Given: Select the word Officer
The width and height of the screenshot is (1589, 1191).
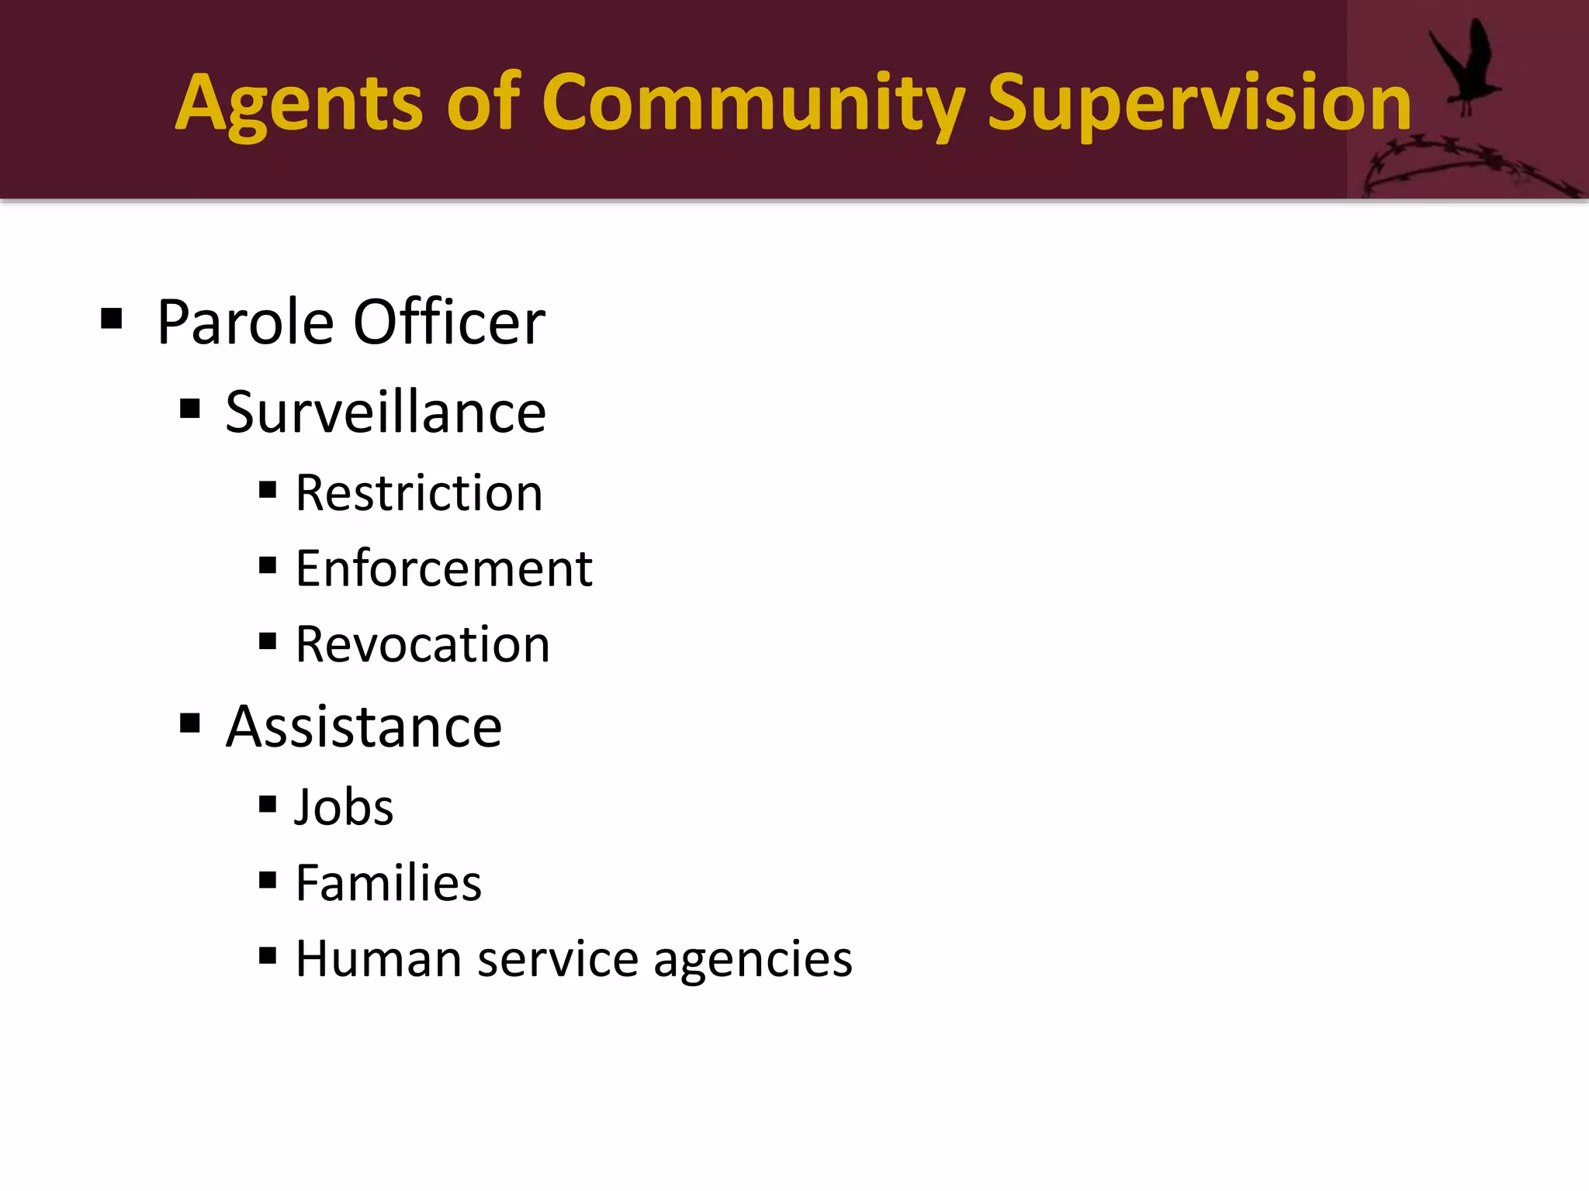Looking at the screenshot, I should click(x=449, y=323).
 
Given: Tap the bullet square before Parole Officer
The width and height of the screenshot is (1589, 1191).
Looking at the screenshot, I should click(x=112, y=319).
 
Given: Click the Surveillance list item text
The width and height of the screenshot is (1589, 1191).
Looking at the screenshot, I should click(x=386, y=412).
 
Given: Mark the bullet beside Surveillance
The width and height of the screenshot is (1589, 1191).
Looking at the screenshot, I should click(x=190, y=409).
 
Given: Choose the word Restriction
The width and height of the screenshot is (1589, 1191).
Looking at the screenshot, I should click(x=419, y=493).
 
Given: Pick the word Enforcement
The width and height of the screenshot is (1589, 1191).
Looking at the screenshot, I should click(x=444, y=568).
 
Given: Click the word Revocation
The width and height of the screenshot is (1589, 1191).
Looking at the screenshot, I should click(x=423, y=644).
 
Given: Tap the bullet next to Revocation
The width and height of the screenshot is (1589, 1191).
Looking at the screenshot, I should click(x=268, y=641).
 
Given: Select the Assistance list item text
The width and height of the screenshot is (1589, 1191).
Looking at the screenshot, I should click(x=364, y=727).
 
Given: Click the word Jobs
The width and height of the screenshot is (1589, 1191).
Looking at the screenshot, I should click(x=344, y=807).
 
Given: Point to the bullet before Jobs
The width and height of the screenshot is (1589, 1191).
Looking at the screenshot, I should click(x=268, y=804).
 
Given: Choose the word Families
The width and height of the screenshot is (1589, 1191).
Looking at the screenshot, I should click(x=389, y=883).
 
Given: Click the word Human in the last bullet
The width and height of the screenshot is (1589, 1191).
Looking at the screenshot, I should click(x=379, y=959).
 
